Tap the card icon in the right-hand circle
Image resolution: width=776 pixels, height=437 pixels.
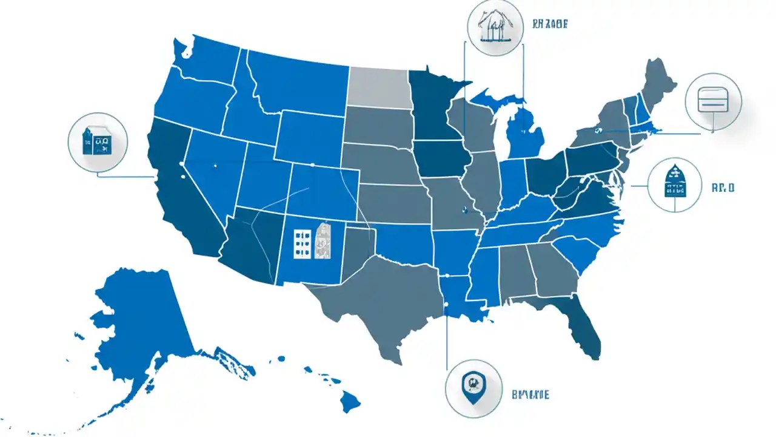(713, 100)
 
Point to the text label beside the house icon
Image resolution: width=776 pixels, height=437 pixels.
(550, 25)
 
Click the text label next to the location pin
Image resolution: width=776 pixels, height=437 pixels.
(530, 395)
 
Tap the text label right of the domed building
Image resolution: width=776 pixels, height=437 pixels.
(723, 188)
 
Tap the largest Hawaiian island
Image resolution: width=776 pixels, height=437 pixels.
(350, 400)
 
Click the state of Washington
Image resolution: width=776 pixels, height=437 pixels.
(206, 61)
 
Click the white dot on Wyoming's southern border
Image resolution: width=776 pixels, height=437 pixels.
(312, 164)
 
